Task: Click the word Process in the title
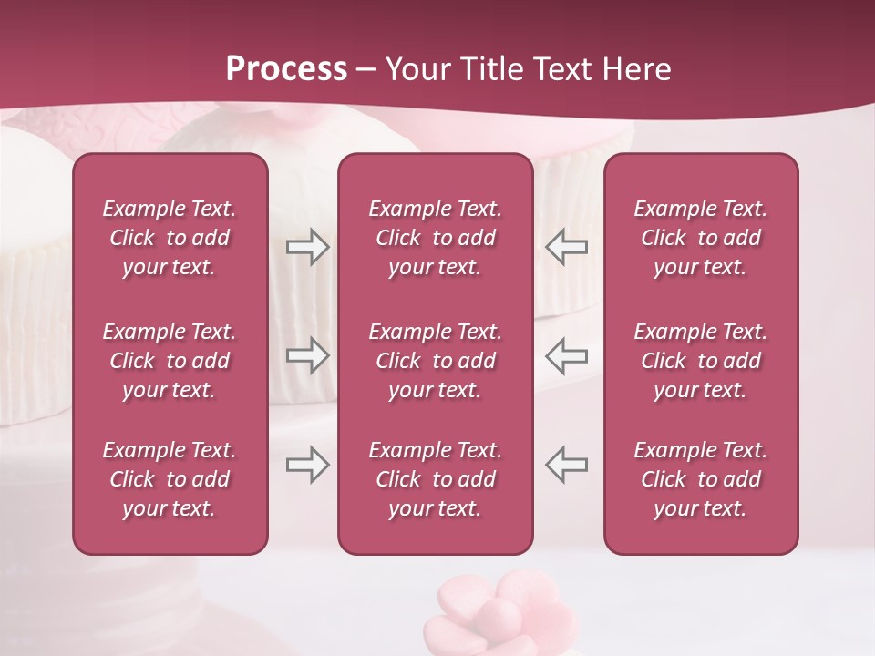[286, 69]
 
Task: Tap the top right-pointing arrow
[307, 247]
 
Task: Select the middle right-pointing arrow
[307, 355]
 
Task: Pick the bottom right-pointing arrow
[307, 465]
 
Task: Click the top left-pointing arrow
[566, 247]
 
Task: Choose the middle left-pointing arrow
[566, 355]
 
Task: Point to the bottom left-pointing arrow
[566, 465]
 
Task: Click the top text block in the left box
[170, 238]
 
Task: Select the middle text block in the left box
[170, 361]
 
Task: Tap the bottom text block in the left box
[170, 479]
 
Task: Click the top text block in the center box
[435, 238]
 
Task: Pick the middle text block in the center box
[435, 361]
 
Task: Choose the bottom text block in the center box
[435, 479]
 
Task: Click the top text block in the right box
[700, 238]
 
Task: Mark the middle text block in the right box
[700, 361]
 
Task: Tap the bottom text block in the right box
[700, 479]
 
